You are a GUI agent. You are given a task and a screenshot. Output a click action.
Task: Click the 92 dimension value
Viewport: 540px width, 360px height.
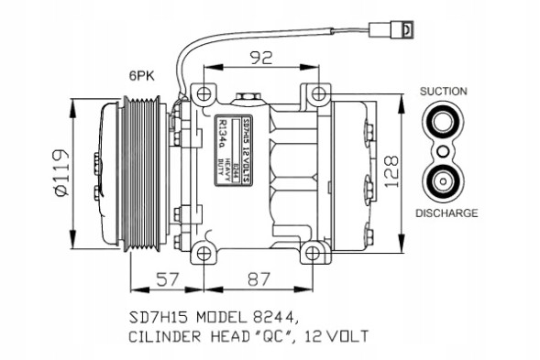259,58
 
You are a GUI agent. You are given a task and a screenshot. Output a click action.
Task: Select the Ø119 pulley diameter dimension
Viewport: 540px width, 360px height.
62,173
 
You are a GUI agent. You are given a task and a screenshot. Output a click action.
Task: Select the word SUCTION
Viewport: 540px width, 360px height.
444,92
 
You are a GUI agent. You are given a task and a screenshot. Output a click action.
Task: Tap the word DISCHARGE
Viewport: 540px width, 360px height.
446,213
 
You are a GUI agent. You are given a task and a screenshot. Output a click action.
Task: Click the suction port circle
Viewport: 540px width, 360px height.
444,120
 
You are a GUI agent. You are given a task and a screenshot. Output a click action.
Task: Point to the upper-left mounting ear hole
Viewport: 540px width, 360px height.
202,93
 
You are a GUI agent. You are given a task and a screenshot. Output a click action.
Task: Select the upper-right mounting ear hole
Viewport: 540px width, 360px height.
316,93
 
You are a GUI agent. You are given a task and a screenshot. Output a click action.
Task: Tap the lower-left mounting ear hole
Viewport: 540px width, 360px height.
202,251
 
